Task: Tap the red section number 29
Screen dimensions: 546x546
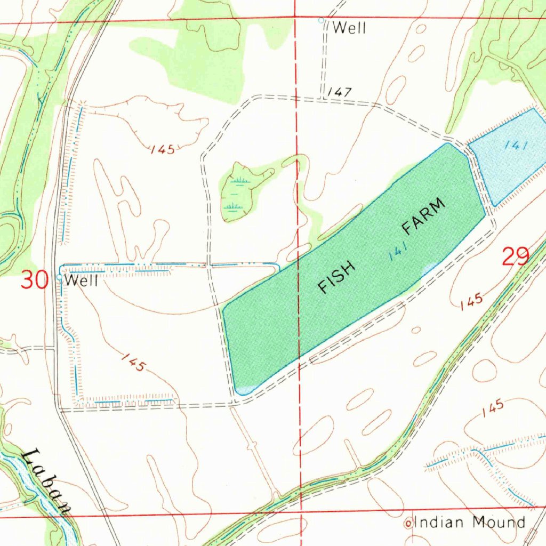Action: [515, 257]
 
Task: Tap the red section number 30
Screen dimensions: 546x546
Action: [34, 280]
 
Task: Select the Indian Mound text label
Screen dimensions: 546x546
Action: [470, 522]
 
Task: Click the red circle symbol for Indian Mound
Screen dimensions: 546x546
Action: [409, 524]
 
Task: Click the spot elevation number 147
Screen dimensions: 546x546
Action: [339, 92]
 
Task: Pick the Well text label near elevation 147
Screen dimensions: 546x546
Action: [349, 28]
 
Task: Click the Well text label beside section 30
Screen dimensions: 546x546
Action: [82, 280]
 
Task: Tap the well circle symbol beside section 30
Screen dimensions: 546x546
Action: [59, 277]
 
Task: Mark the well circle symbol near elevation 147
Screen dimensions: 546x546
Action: [321, 20]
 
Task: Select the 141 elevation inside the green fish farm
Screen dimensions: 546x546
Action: [398, 251]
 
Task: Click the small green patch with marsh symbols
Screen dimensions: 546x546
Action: [240, 192]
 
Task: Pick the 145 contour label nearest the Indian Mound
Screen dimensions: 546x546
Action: [492, 409]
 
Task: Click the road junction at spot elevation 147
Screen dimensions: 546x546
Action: [323, 99]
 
